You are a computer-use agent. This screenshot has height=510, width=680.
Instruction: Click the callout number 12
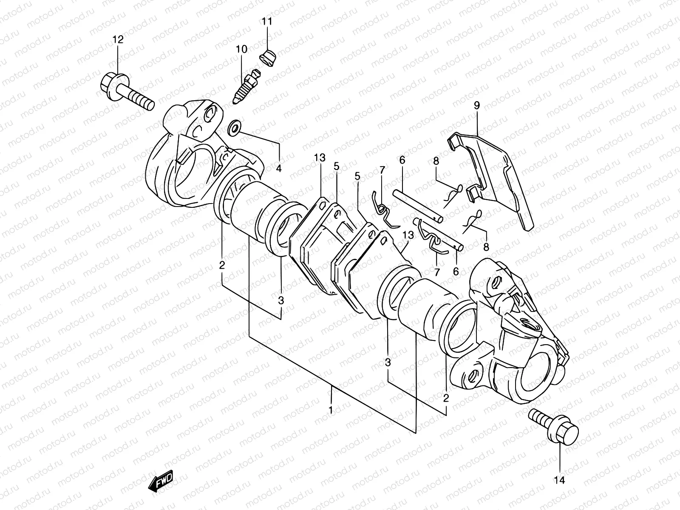coord(118,40)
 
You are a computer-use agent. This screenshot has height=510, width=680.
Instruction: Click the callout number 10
coord(241,49)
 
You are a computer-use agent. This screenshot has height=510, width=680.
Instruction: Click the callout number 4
coord(279,168)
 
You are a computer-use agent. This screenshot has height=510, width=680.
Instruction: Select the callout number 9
coord(477,105)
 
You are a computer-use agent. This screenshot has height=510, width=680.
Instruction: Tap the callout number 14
coord(560,480)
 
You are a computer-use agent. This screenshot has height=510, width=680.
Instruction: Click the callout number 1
coord(331,411)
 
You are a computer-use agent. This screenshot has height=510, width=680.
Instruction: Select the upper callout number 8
coord(436,161)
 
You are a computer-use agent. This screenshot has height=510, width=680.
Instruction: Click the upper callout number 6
coord(402,160)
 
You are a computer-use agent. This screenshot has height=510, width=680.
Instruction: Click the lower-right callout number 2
coord(446,398)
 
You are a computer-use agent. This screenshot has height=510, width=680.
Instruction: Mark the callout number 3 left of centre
coord(280,300)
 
